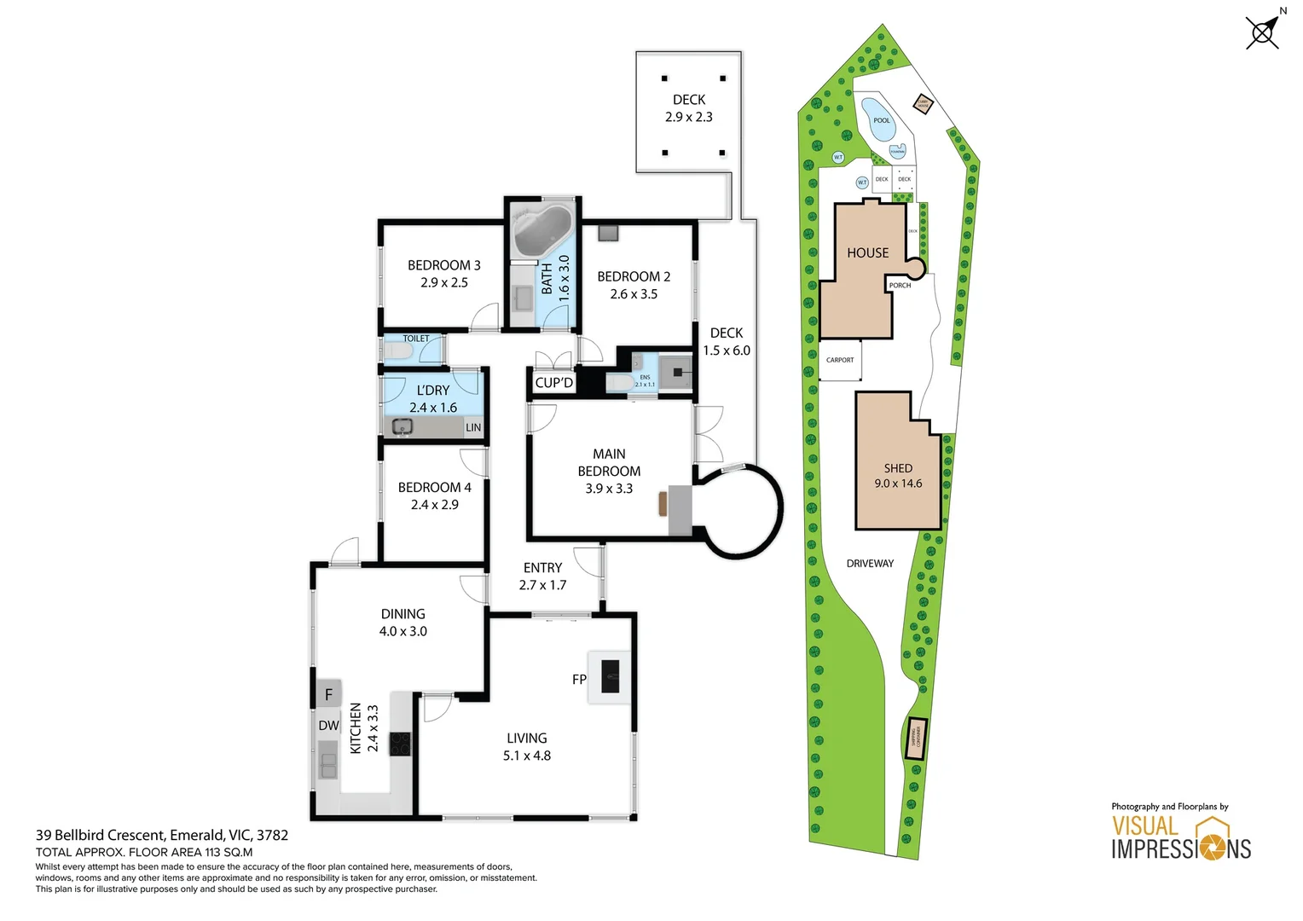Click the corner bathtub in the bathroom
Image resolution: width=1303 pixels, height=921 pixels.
pyautogui.click(x=541, y=230)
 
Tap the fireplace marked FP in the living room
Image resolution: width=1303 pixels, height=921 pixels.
pyautogui.click(x=610, y=677)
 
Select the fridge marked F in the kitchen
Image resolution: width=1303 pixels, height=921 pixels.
pyautogui.click(x=328, y=695)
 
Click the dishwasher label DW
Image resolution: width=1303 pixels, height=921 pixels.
pyautogui.click(x=328, y=726)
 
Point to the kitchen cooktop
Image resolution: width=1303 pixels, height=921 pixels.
pyautogui.click(x=401, y=744)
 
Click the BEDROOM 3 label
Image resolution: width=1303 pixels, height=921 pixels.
pyautogui.click(x=443, y=265)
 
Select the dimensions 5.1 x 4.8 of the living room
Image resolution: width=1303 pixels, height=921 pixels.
pyautogui.click(x=526, y=756)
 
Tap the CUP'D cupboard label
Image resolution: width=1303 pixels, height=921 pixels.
pyautogui.click(x=553, y=383)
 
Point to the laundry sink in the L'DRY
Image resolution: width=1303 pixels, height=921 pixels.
pyautogui.click(x=402, y=426)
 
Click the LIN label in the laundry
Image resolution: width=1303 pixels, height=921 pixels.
pyautogui.click(x=473, y=427)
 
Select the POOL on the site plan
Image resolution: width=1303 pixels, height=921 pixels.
pyautogui.click(x=878, y=119)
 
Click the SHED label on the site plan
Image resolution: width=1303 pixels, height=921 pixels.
pyautogui.click(x=898, y=468)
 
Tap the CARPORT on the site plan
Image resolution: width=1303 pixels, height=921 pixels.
pyautogui.click(x=840, y=360)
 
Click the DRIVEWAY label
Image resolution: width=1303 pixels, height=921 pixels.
pyautogui.click(x=870, y=564)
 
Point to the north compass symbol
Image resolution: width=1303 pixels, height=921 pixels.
pyautogui.click(x=1263, y=32)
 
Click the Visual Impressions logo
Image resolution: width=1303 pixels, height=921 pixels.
pyautogui.click(x=1181, y=837)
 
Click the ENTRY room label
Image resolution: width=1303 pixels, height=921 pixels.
pyautogui.click(x=542, y=568)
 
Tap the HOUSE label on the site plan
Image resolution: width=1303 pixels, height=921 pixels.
pyautogui.click(x=867, y=253)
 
